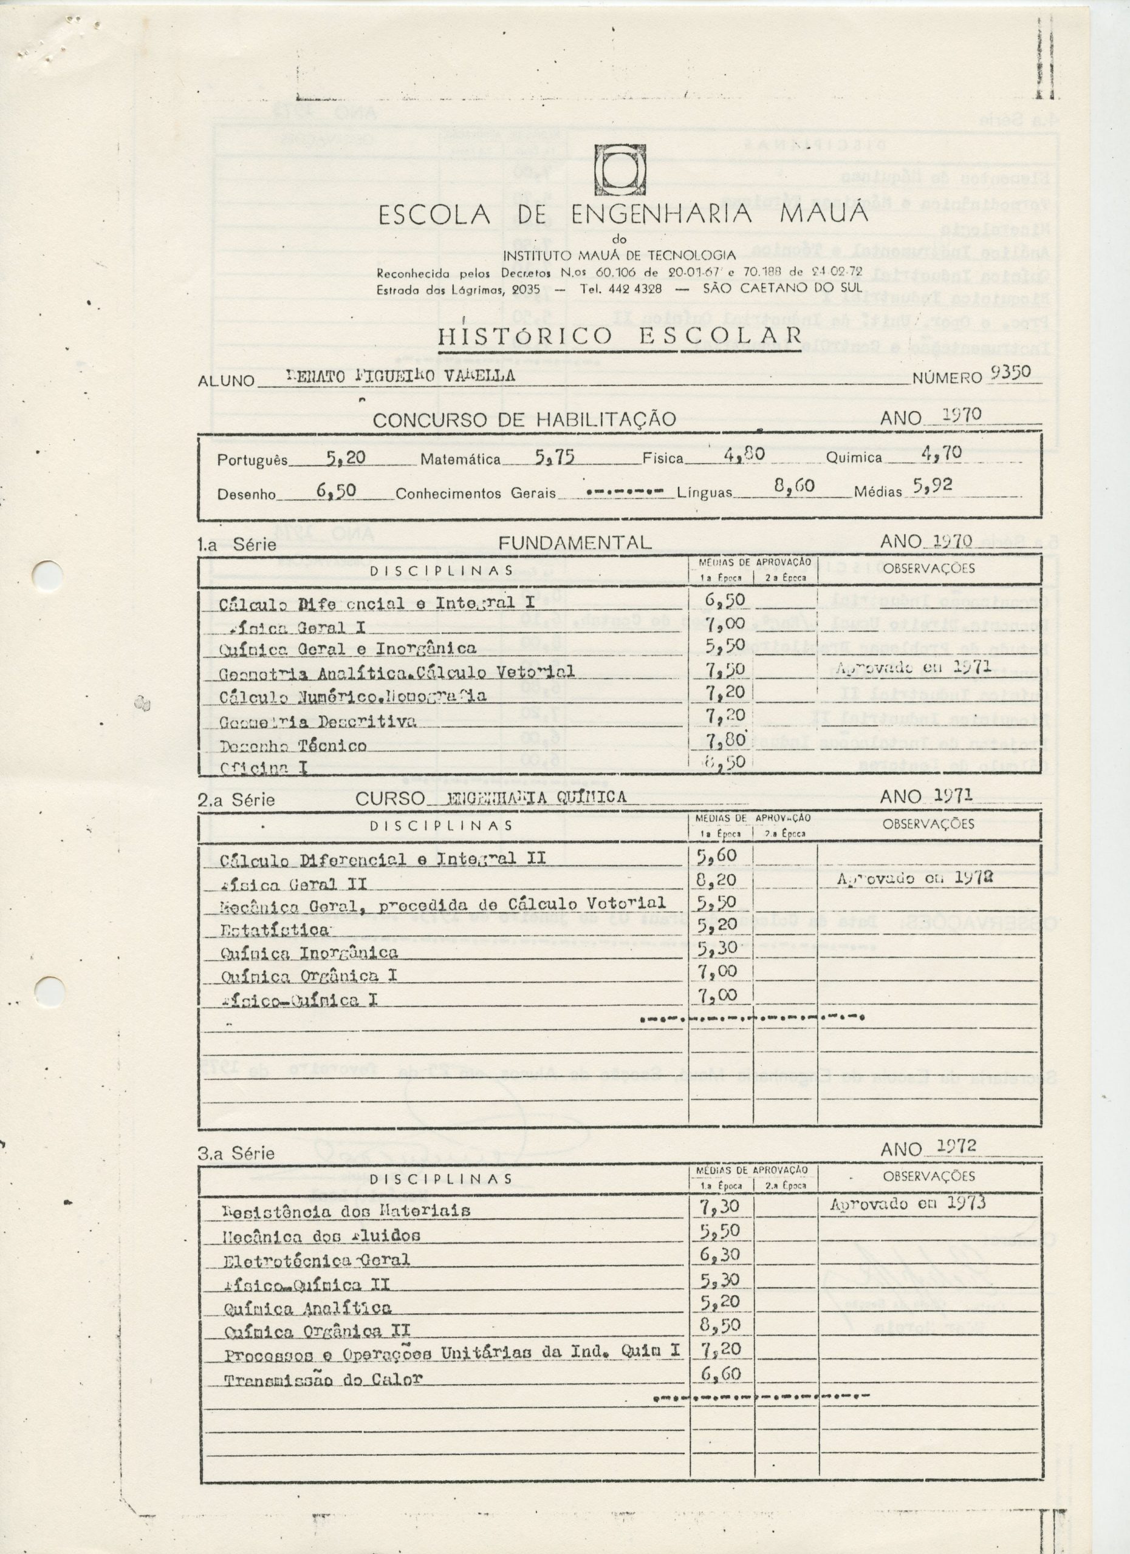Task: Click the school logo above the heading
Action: click(620, 169)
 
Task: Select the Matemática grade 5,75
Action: click(554, 458)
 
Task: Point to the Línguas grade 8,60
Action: click(794, 486)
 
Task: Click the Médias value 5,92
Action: click(933, 486)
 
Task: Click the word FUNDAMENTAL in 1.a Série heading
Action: click(574, 543)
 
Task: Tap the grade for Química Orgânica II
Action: click(720, 1306)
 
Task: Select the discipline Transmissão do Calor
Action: click(323, 1359)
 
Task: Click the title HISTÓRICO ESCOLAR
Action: click(620, 336)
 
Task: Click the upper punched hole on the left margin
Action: click(48, 572)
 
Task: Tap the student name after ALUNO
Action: click(400, 376)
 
